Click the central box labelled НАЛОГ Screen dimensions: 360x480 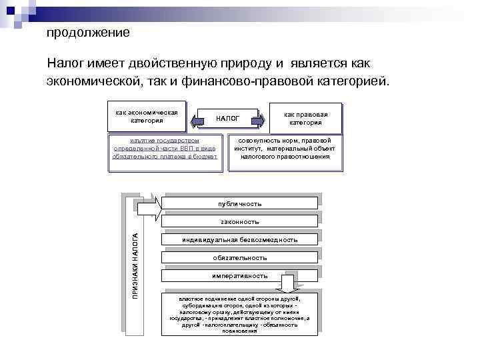228,119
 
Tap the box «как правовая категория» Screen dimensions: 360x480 305,118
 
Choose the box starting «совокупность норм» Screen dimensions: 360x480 285,149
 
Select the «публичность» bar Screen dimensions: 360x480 240,203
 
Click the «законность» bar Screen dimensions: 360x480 240,221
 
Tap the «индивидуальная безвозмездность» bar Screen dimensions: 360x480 240,239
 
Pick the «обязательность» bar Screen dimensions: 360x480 240,257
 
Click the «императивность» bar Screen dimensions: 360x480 240,275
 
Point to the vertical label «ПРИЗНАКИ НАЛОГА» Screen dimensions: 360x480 134,264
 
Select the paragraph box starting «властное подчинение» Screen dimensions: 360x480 240,314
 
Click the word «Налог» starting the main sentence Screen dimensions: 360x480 64,63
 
